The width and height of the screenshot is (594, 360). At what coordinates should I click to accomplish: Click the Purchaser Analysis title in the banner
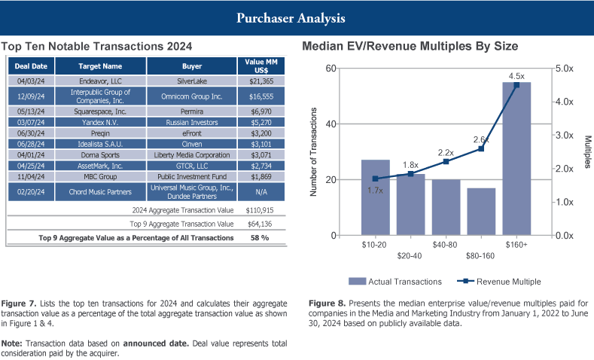(297, 17)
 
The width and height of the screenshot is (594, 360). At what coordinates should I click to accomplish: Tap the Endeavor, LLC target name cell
(102, 79)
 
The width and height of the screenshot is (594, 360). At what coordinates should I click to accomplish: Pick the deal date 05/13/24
(31, 111)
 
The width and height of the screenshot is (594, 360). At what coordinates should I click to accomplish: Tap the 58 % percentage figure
(258, 237)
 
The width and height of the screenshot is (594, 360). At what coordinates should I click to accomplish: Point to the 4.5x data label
(516, 76)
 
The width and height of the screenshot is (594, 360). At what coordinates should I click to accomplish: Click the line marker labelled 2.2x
(446, 161)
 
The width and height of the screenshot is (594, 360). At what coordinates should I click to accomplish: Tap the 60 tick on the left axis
(331, 69)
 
